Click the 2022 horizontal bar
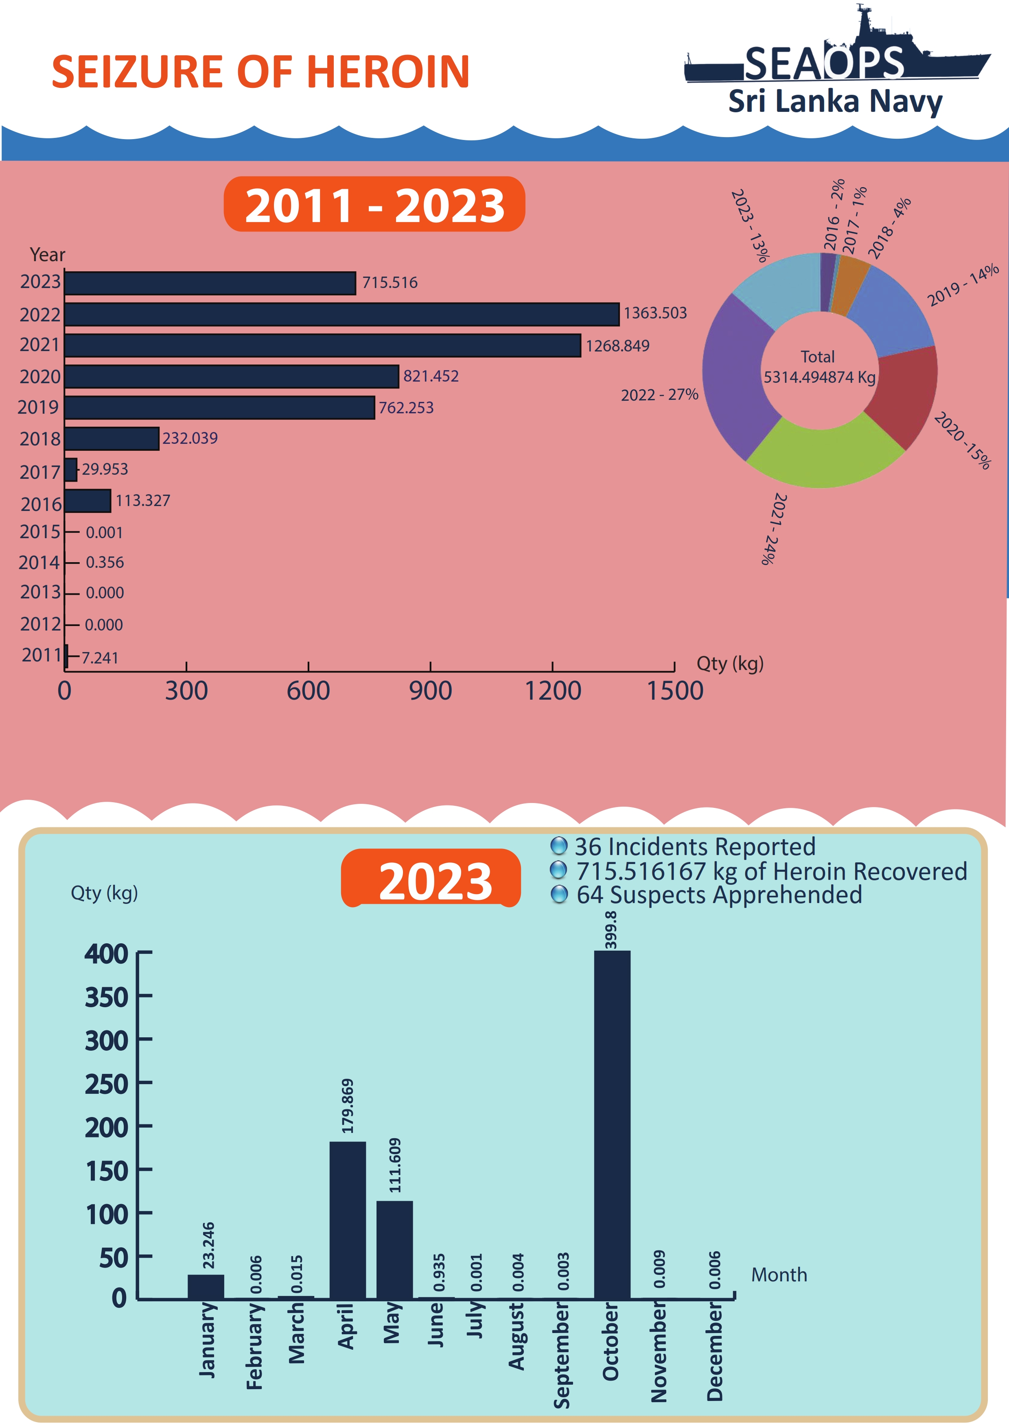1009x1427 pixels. coord(342,314)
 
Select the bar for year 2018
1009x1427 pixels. coord(112,439)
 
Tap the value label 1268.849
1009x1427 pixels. coord(617,346)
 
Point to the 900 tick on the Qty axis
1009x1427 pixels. coord(430,690)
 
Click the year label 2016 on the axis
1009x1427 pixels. coord(41,504)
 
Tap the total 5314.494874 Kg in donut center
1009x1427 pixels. coord(819,377)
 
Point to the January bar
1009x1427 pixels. coord(206,1287)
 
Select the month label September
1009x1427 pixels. coord(561,1355)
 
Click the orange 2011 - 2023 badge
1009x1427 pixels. coord(374,205)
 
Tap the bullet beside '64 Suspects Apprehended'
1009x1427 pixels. coord(560,895)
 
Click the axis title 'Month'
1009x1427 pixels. coord(779,1275)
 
